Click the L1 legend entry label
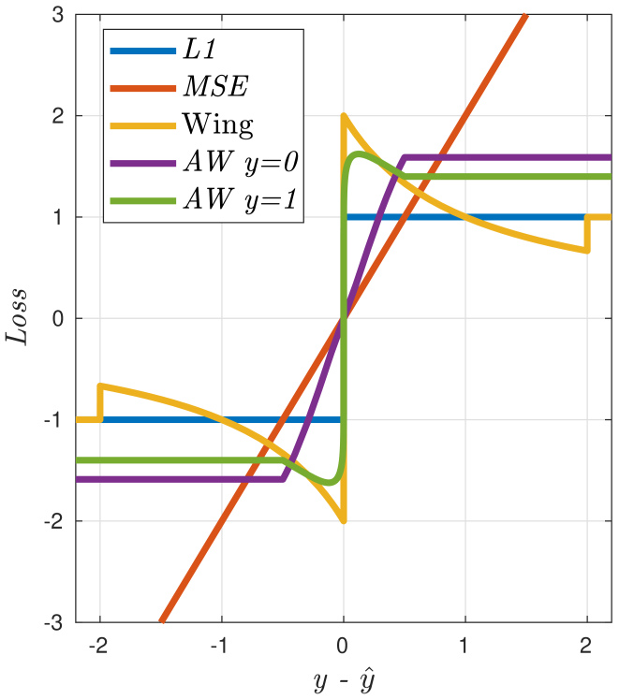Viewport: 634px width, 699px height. pyautogui.click(x=201, y=51)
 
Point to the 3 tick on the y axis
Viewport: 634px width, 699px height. pyautogui.click(x=57, y=16)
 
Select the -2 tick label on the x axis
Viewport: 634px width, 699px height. pyautogui.click(x=97, y=647)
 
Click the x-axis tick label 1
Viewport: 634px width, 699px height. pyautogui.click(x=465, y=647)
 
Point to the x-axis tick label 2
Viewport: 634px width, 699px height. pyautogui.click(x=587, y=647)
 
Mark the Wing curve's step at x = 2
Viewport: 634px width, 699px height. pyautogui.click(x=587, y=234)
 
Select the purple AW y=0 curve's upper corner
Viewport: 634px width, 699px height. pyautogui.click(x=404, y=157)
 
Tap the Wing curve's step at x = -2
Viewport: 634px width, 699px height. pyautogui.click(x=100, y=403)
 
